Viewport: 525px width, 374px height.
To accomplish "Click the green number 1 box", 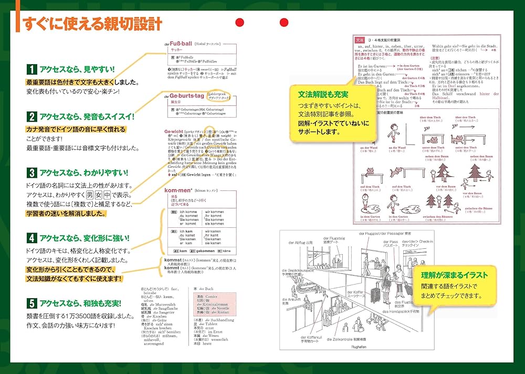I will [31, 69].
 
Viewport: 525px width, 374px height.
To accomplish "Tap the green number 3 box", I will [31, 172].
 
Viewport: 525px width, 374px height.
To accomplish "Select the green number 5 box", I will [31, 303].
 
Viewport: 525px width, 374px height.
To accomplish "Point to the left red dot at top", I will [240, 22].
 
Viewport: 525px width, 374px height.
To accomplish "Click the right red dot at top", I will [284, 22].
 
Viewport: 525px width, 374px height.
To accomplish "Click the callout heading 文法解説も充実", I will [323, 95].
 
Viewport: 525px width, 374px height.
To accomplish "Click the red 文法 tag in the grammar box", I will [360, 40].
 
